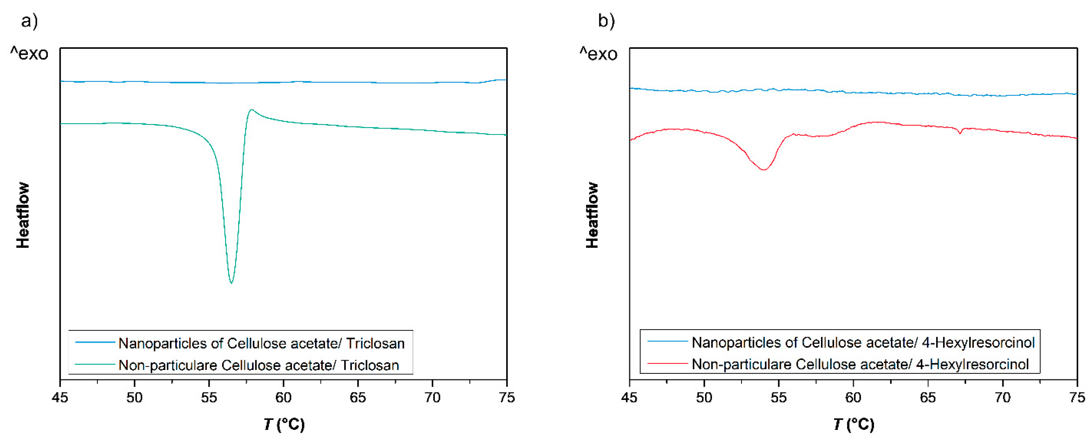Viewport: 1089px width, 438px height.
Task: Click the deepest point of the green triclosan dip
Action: click(231, 283)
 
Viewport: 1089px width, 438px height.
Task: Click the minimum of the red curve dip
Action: click(764, 170)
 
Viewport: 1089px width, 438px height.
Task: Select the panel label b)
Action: click(606, 20)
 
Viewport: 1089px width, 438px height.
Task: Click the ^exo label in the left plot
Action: click(29, 54)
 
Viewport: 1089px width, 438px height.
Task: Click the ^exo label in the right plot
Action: click(599, 54)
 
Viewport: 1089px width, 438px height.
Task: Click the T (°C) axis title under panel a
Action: click(284, 424)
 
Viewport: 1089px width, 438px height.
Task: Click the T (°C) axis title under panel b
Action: click(854, 424)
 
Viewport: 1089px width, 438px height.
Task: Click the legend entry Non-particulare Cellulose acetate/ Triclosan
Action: click(258, 365)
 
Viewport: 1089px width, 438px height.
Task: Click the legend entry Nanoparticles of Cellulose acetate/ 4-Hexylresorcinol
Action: click(863, 342)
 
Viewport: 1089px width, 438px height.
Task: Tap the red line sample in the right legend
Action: click(667, 363)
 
